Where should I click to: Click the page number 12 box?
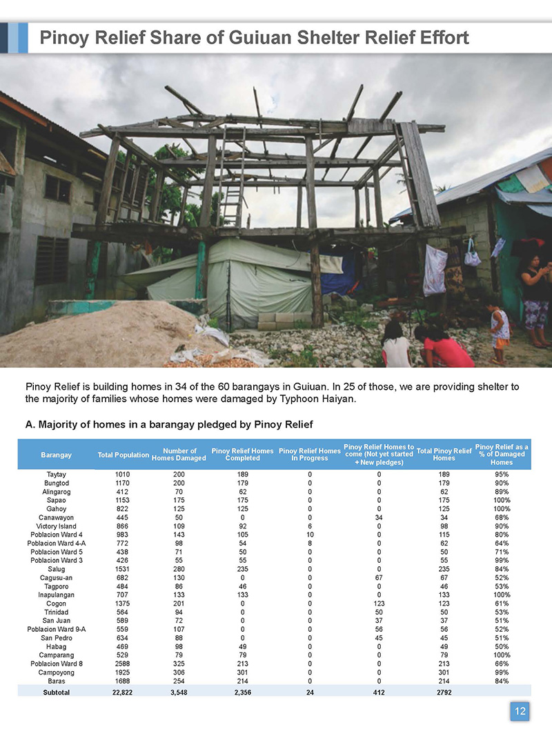coord(520,711)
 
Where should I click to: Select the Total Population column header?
coord(124,455)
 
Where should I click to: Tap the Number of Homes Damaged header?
coord(179,455)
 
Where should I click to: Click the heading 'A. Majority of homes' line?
coord(170,424)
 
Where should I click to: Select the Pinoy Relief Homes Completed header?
coord(242,455)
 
